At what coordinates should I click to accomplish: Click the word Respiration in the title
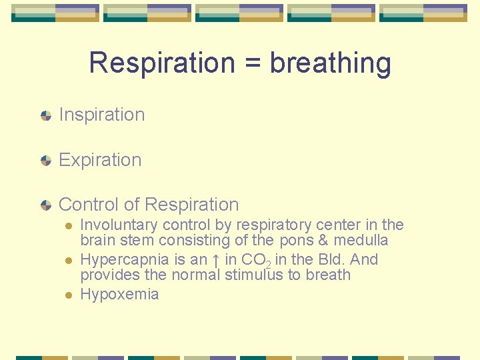[x=162, y=63]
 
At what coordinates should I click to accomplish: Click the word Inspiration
[x=102, y=115]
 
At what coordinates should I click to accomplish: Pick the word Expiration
[x=100, y=160]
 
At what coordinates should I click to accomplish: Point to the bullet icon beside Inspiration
[x=45, y=115]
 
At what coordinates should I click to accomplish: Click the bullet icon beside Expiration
[x=45, y=161]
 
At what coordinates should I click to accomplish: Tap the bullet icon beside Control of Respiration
[x=45, y=205]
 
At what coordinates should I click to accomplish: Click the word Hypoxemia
[x=119, y=294]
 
